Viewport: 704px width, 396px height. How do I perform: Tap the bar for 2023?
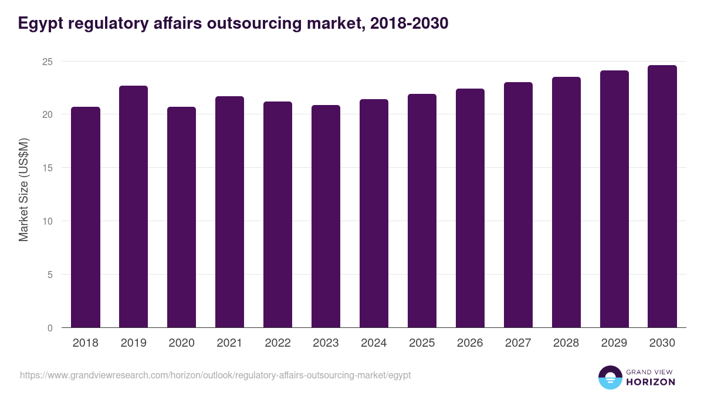tap(326, 216)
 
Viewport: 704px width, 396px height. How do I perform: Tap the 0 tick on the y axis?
tap(50, 328)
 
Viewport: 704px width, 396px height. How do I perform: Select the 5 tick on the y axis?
tap(50, 275)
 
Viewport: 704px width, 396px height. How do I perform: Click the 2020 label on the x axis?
tap(181, 343)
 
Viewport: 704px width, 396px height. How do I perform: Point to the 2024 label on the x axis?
tap(374, 343)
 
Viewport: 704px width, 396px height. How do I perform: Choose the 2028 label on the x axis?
tap(566, 343)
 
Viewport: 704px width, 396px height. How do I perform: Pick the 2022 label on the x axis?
tap(277, 343)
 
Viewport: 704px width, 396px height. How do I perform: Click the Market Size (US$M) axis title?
tap(23, 189)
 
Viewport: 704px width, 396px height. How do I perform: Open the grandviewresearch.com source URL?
tap(215, 375)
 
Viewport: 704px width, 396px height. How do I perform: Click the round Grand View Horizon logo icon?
tap(610, 378)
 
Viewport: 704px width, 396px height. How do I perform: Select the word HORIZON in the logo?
tap(651, 382)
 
